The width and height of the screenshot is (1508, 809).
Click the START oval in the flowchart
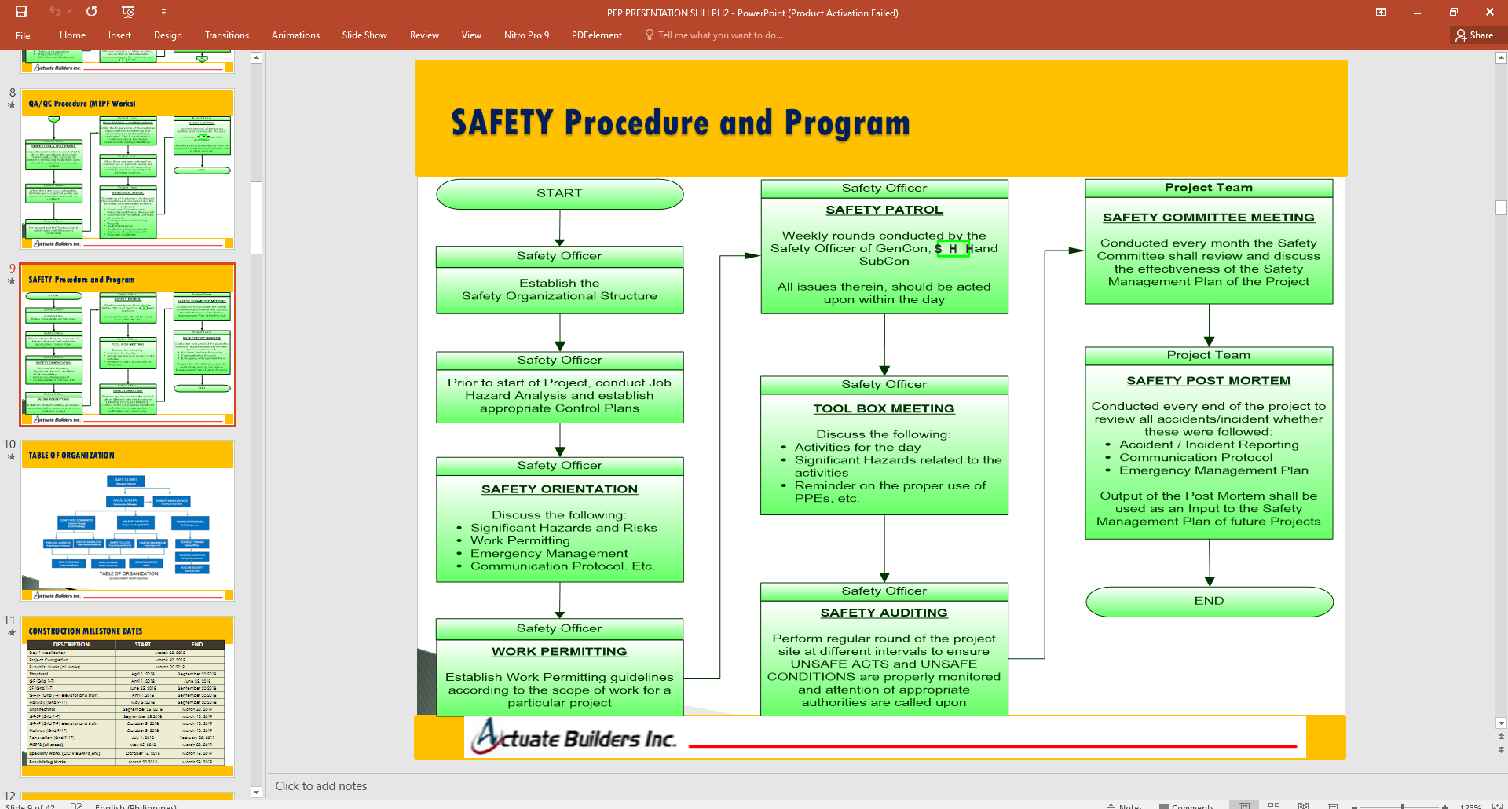pos(559,194)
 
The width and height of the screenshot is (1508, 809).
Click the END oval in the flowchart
pos(1209,601)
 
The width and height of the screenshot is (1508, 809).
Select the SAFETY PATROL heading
pos(884,210)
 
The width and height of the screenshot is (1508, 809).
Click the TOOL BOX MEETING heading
pos(884,409)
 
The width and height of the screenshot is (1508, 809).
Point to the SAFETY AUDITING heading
pos(884,613)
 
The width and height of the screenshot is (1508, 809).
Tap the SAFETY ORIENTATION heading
pos(559,489)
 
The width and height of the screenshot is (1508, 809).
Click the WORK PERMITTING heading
pos(559,652)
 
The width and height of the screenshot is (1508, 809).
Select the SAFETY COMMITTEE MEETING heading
pos(1208,218)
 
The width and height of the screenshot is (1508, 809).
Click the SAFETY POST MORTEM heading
pos(1208,381)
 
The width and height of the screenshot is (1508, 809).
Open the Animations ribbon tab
pos(295,35)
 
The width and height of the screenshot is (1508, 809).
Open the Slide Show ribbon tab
pos(364,35)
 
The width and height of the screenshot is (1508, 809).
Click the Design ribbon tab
pos(167,35)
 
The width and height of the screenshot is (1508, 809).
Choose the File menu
pos(23,35)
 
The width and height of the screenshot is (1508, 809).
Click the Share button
pos(1474,35)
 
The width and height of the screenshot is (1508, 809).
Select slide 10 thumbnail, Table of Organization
pos(127,521)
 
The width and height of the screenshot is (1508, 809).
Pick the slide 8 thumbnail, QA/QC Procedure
pos(127,169)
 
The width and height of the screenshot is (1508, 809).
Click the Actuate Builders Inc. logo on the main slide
pos(574,738)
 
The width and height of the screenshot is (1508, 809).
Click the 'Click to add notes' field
pos(321,786)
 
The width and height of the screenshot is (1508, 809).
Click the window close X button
pos(1489,13)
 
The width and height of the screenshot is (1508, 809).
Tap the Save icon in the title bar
pos(21,12)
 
